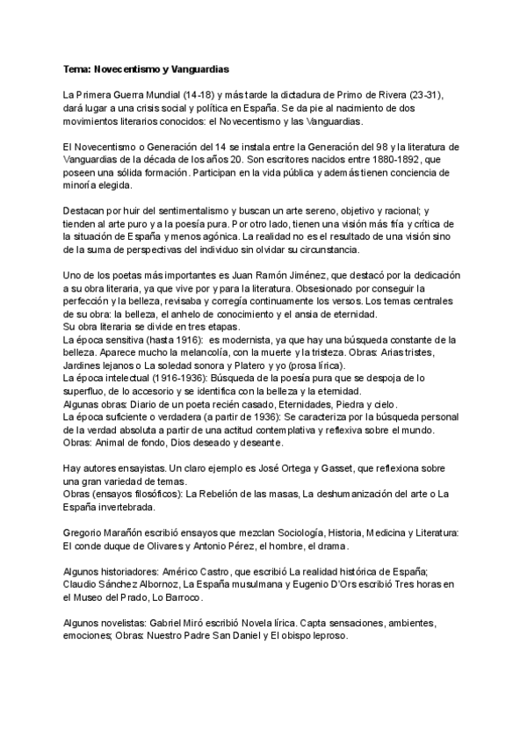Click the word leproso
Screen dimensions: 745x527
(328, 636)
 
